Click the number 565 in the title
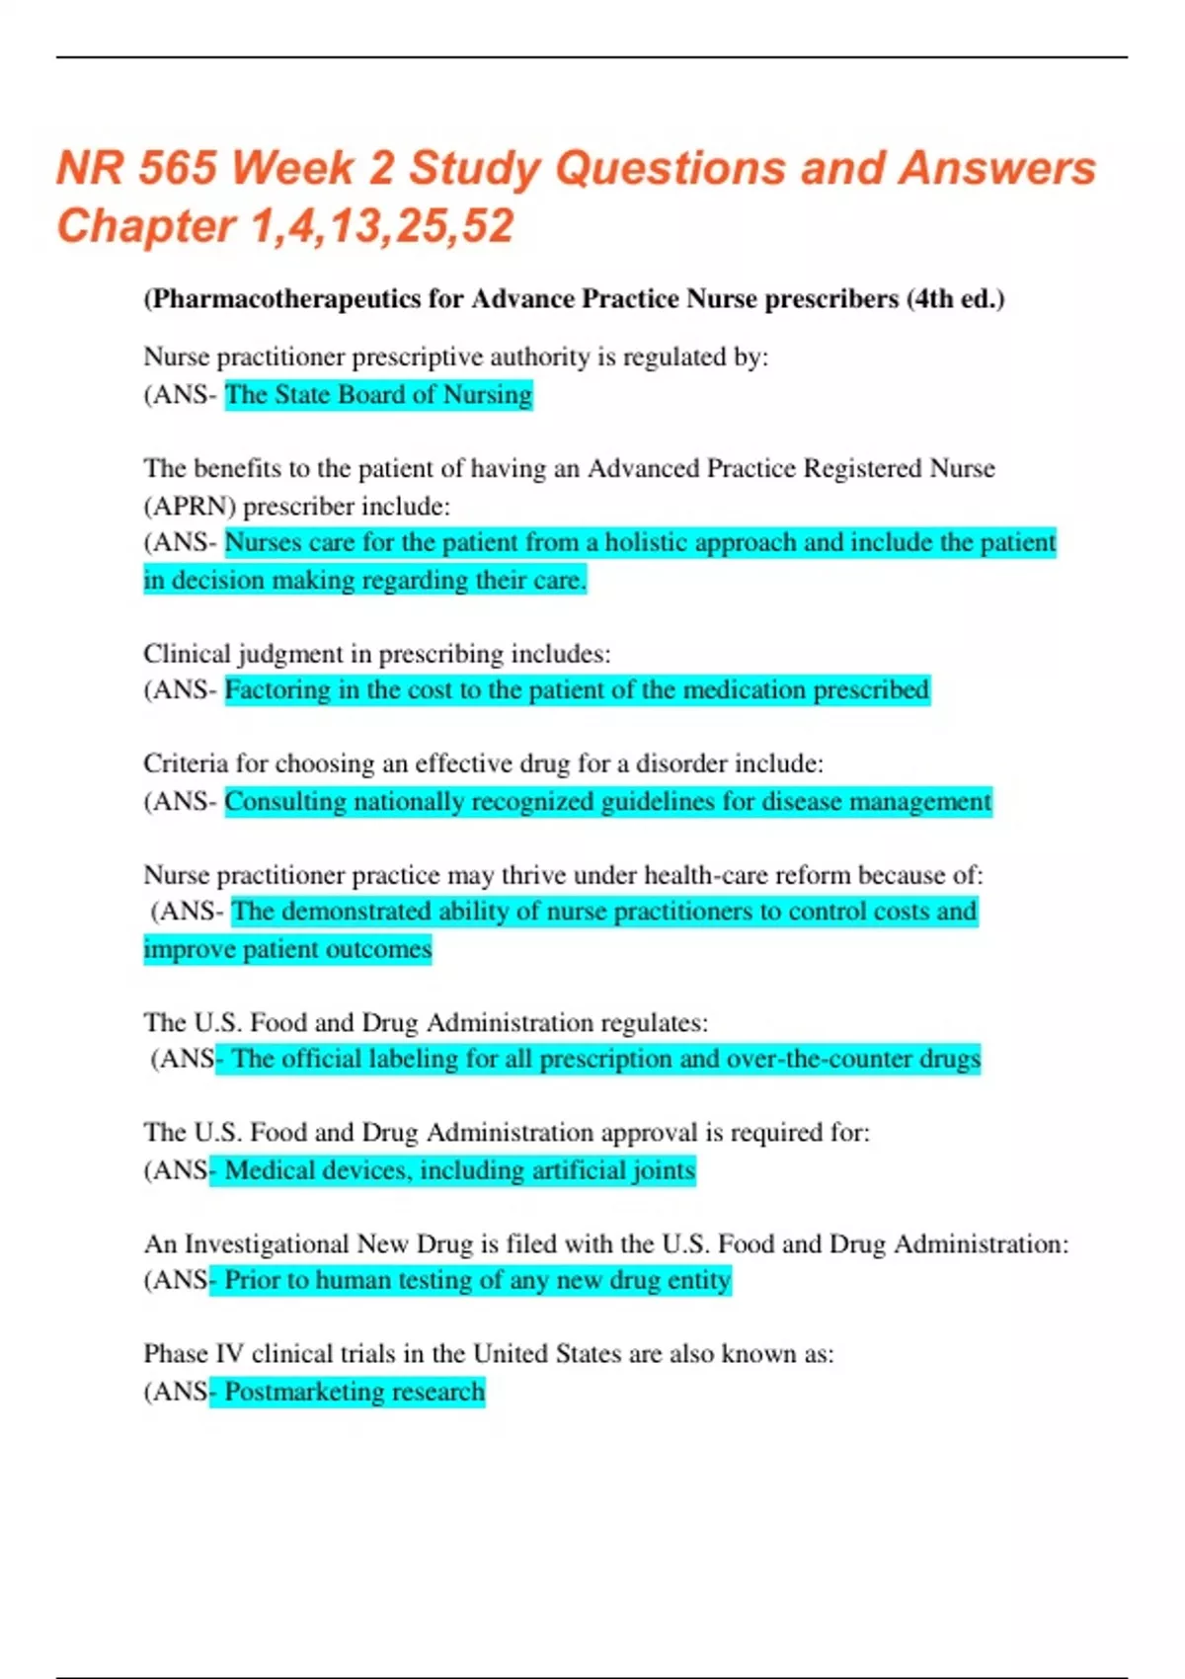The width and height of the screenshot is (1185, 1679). coord(177,168)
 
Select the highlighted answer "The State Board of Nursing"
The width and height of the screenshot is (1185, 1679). coord(378,395)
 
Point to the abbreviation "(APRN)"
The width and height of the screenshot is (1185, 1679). coord(190,506)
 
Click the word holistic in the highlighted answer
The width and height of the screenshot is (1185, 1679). coord(647,542)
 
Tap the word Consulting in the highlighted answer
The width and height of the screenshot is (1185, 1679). coord(285,801)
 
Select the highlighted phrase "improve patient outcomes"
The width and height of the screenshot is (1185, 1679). coord(287,949)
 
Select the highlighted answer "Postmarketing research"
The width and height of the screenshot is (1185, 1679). coord(355,1392)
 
